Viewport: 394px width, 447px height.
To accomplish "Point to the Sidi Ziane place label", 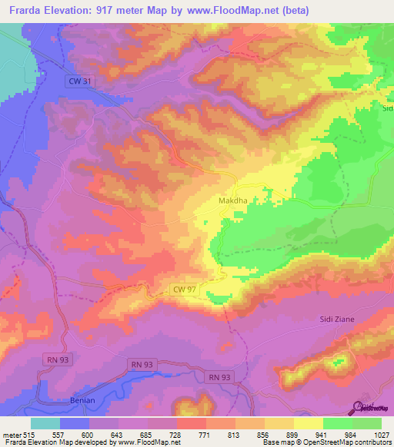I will (x=339, y=319).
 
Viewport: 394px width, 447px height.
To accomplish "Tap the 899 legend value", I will (x=294, y=435).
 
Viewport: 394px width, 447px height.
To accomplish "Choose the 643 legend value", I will (x=118, y=435).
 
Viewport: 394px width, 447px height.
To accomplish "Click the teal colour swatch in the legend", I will (x=45, y=423).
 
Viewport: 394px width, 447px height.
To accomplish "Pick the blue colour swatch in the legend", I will (x=75, y=423).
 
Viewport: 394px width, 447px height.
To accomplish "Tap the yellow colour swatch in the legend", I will (x=308, y=423).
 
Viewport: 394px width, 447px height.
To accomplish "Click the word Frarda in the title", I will (x=23, y=11).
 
